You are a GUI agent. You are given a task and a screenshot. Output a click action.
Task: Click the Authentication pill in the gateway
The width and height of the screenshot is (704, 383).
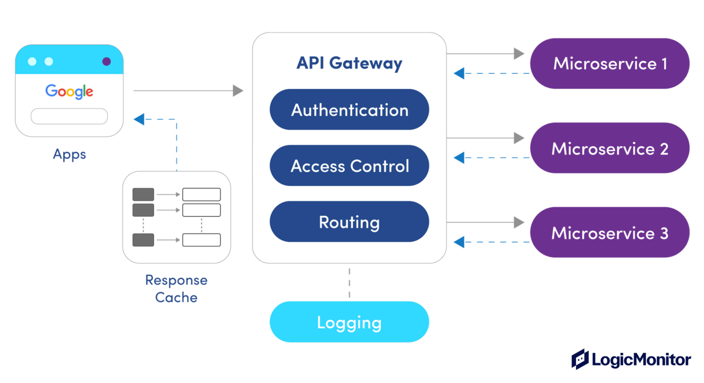tap(349, 110)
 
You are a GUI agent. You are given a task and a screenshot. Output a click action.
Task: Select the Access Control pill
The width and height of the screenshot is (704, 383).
tap(349, 166)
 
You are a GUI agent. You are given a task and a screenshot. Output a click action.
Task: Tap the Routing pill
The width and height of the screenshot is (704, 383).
tap(349, 222)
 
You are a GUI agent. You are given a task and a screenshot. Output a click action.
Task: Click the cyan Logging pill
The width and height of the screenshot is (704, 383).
tap(349, 322)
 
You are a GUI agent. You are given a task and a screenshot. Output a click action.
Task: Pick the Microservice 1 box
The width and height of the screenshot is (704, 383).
tap(610, 64)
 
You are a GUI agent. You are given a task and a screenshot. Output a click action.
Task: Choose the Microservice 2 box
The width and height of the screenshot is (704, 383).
tap(610, 148)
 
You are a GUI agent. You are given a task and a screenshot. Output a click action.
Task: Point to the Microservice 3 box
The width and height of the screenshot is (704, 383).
tap(610, 233)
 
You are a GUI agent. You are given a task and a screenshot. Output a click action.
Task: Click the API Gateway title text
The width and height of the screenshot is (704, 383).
tap(349, 63)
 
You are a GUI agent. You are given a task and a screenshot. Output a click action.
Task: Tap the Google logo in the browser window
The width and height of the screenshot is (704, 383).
tap(69, 91)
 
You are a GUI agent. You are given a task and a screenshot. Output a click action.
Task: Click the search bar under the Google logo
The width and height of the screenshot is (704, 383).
tap(69, 117)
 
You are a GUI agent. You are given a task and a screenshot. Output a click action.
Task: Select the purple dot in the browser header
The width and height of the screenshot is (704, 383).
tap(106, 61)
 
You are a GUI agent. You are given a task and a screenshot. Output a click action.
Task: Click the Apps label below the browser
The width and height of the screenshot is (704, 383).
tap(69, 154)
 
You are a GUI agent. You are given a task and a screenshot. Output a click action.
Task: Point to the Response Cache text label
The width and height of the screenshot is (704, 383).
tap(176, 289)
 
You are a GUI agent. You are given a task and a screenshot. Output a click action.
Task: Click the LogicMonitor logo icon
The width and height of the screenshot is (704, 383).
tap(580, 359)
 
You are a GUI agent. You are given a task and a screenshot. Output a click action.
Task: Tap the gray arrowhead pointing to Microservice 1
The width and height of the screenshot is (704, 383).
tap(519, 54)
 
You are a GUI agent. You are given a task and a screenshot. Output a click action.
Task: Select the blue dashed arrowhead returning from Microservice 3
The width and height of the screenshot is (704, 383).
tap(459, 242)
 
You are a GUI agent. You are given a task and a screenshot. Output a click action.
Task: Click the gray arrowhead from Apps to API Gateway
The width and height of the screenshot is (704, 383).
tap(237, 91)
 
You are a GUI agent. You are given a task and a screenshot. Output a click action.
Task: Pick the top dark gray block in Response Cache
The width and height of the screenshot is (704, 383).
tap(143, 194)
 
